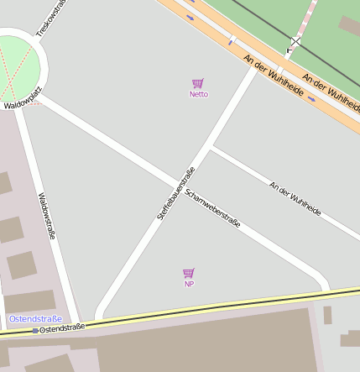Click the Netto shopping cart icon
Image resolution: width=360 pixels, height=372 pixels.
[x=198, y=83]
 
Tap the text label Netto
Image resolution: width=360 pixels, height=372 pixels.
[x=198, y=94]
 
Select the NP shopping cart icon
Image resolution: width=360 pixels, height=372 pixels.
[x=189, y=273]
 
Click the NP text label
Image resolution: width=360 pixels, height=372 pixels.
[x=189, y=284]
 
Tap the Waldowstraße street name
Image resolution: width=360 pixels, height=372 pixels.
[x=46, y=217]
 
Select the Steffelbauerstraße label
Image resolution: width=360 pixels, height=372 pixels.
[x=176, y=193]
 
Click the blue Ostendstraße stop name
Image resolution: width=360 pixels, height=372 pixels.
[x=35, y=319]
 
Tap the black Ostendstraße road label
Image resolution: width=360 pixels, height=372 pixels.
[x=62, y=328]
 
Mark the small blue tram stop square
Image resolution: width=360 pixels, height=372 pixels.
[x=35, y=331]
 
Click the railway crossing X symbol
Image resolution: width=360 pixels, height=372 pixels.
[x=295, y=41]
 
